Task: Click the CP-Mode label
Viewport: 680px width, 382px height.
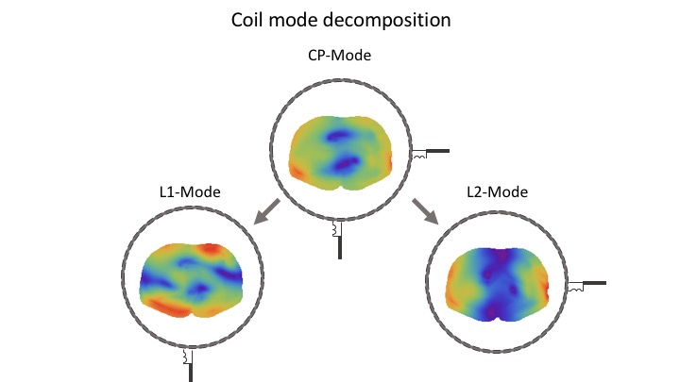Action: tap(339, 56)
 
